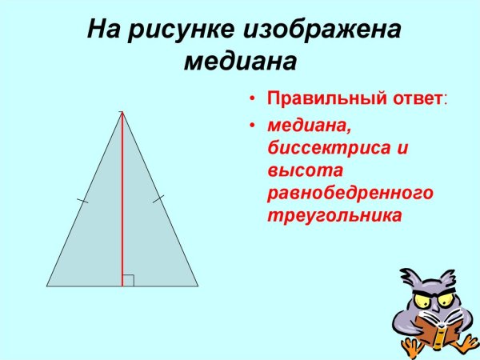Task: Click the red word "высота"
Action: (x=306, y=170)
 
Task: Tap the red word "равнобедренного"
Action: (x=350, y=193)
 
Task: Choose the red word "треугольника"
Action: (x=334, y=215)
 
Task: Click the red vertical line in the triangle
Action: (x=122, y=200)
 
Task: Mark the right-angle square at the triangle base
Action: (x=128, y=280)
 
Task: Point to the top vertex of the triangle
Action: (x=122, y=112)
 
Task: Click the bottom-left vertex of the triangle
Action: (x=46, y=286)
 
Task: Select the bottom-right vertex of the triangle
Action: (x=198, y=286)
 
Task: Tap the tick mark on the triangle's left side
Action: (x=83, y=201)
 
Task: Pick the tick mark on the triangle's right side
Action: (x=158, y=197)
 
